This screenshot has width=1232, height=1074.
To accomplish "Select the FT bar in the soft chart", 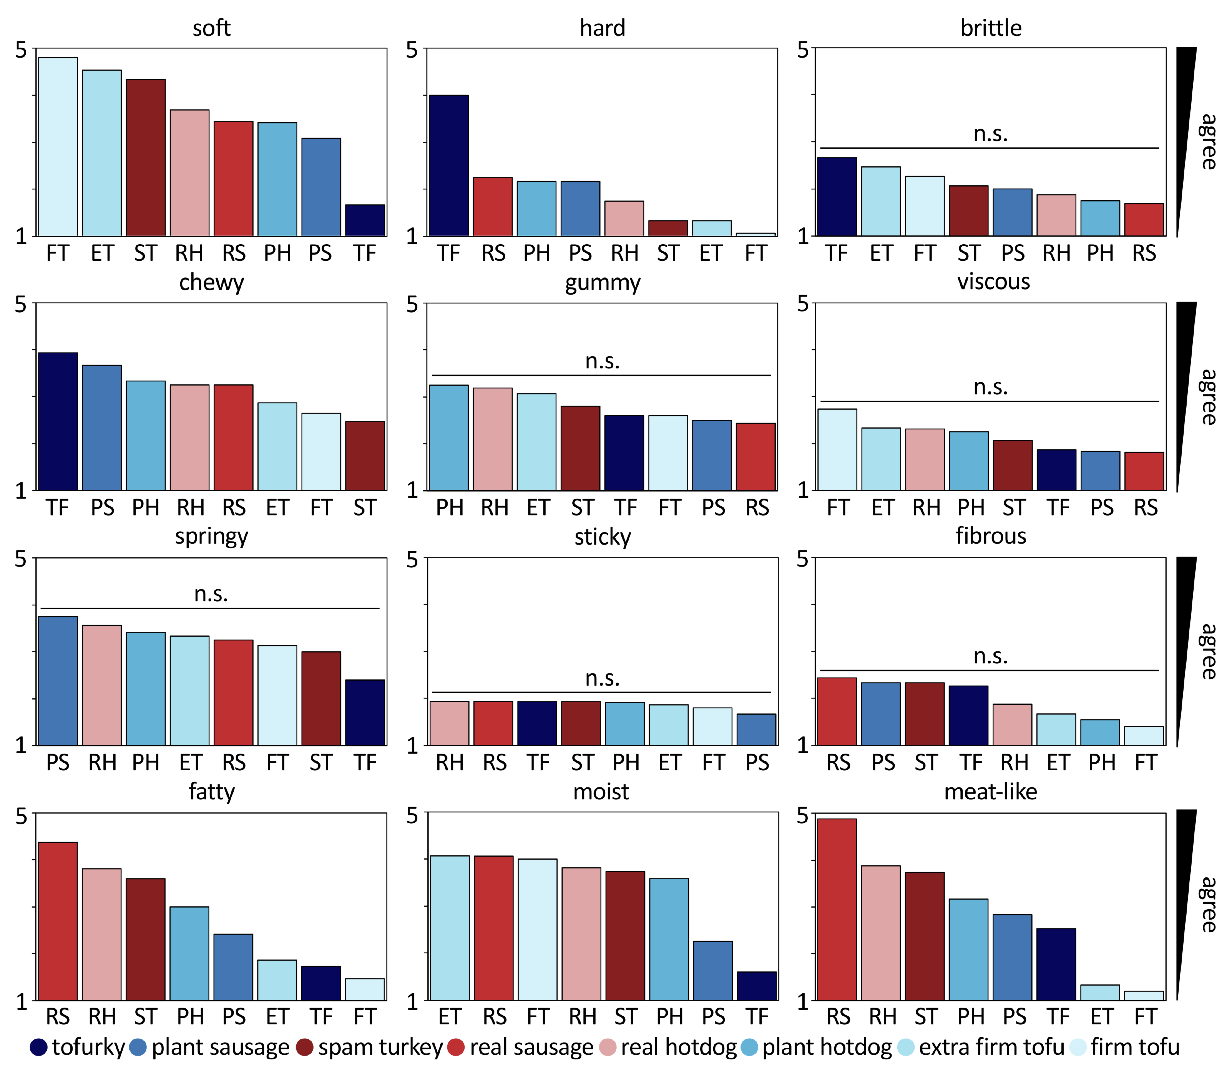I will (x=58, y=147).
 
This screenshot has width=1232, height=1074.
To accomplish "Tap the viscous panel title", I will (x=993, y=282).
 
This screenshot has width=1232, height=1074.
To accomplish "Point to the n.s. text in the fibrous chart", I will (x=991, y=656).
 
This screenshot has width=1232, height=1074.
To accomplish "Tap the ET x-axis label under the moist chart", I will (x=449, y=1017).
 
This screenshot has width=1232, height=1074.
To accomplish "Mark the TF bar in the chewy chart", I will (x=58, y=421).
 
